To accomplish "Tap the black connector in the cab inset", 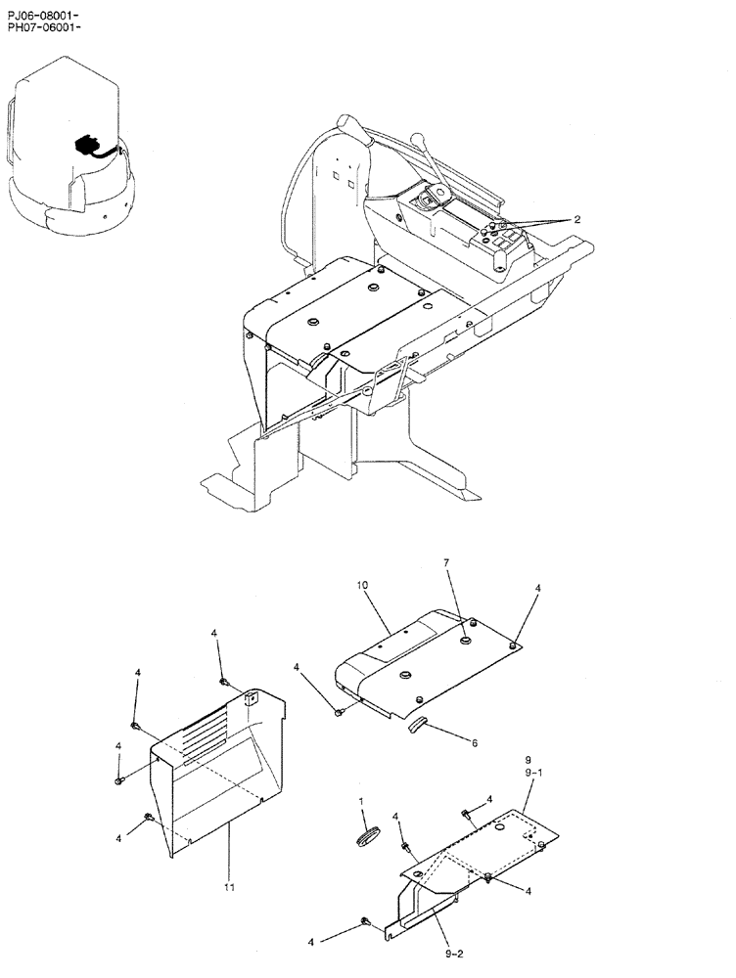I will [85, 148].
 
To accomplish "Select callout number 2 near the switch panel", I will [577, 220].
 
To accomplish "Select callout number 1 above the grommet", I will [361, 801].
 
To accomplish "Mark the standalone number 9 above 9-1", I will [528, 760].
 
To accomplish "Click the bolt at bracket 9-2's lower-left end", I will [364, 921].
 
